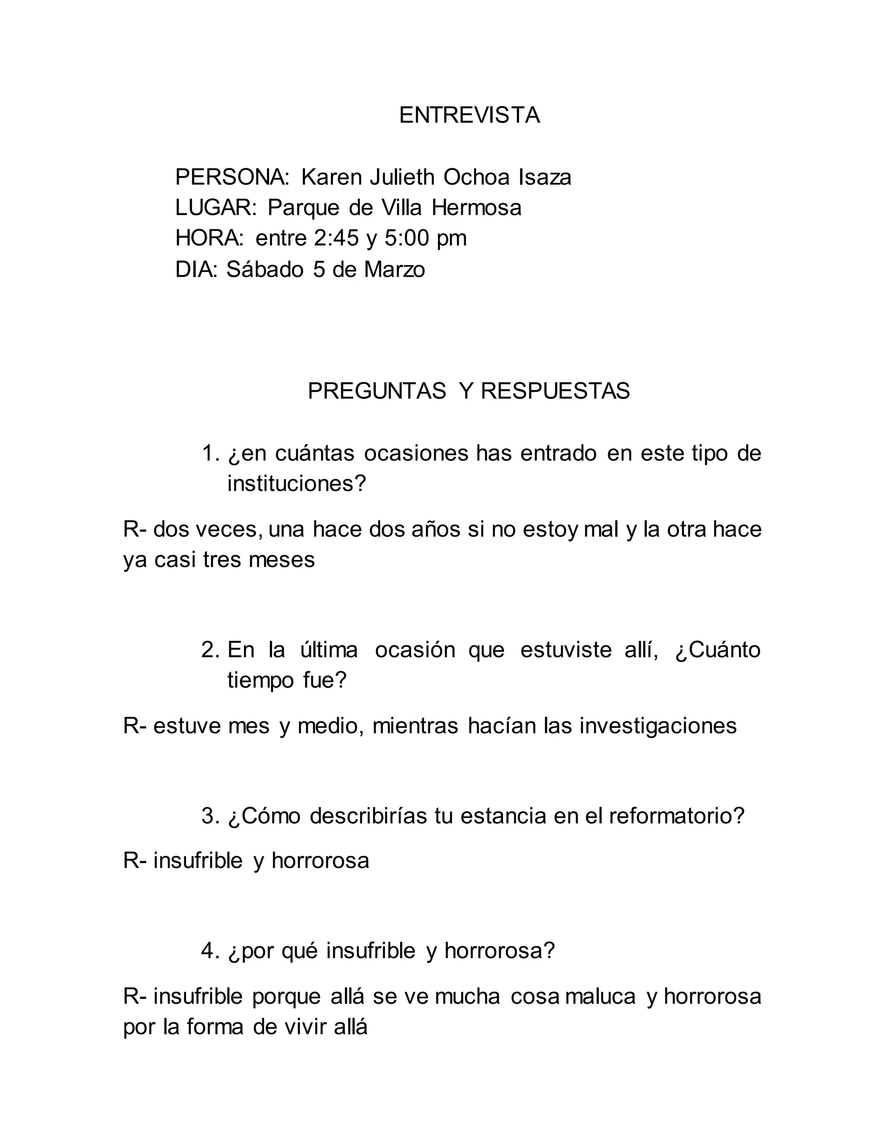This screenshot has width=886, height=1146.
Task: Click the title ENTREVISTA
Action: point(469,115)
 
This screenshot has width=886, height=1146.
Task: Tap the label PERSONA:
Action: point(232,177)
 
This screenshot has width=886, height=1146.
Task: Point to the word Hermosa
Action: point(477,208)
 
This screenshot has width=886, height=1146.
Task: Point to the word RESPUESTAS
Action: point(555,391)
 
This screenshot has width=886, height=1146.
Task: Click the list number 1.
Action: point(209,453)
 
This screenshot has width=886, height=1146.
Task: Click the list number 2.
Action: point(209,650)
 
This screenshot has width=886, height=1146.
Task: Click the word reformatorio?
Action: point(677,816)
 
